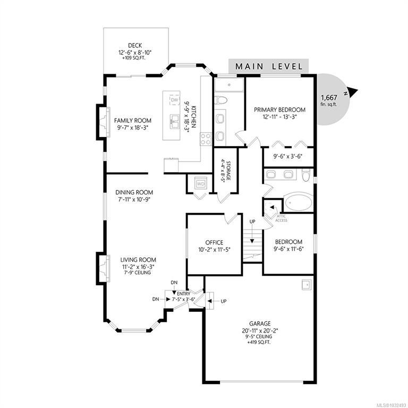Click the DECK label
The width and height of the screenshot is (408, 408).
135,46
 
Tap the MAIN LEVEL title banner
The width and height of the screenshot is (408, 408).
268,66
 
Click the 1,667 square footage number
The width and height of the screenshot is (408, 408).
329,98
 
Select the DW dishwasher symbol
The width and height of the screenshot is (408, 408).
175,100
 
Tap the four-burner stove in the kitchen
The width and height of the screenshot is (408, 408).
206,139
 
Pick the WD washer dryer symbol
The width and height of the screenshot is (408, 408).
201,184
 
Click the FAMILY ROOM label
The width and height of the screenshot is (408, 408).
133,121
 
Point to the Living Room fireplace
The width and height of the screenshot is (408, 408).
104,268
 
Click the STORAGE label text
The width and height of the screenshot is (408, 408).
228,171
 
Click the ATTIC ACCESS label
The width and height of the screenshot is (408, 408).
281,218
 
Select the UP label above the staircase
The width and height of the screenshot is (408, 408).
252,222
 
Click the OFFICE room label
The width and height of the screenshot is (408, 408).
214,242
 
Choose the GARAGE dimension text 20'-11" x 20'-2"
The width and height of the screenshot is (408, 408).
260,330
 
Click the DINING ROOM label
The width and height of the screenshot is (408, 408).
134,192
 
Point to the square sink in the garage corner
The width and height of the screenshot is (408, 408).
306,285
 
